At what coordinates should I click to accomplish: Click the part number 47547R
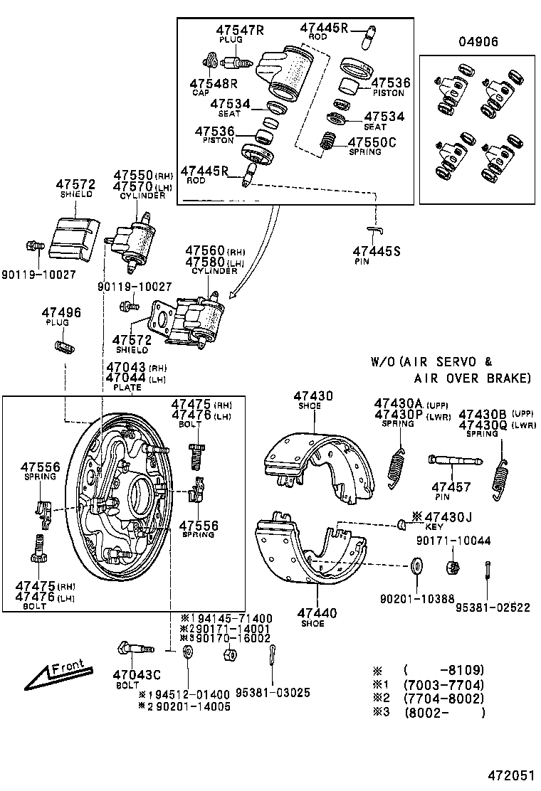tap(240, 30)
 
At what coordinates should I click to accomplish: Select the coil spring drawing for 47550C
tap(328, 141)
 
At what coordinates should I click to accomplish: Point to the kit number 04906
tap(476, 42)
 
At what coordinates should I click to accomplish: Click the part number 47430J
tap(448, 516)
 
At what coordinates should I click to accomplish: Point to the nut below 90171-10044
tap(450, 568)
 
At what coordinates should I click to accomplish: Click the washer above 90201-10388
tap(415, 567)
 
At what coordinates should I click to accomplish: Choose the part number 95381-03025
tap(273, 693)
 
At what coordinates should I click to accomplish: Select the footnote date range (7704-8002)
tap(443, 699)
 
